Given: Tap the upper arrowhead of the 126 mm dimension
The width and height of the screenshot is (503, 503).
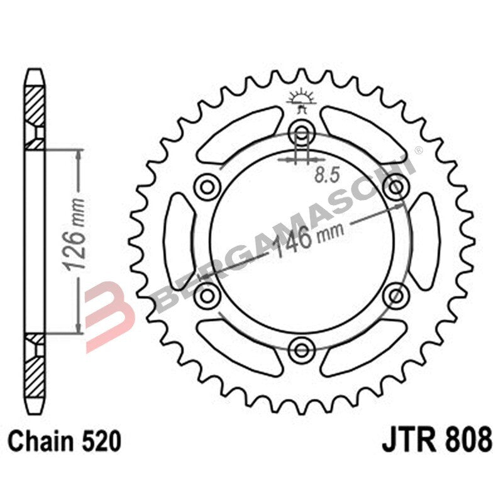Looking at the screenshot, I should (x=77, y=155).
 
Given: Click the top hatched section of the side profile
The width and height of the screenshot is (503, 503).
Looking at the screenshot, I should (x=35, y=103).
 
